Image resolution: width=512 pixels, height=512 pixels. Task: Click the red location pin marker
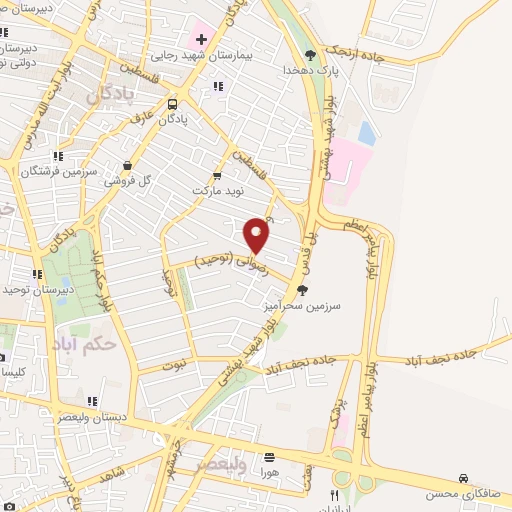click(257, 234)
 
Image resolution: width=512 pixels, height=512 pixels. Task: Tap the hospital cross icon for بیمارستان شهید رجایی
click(201, 40)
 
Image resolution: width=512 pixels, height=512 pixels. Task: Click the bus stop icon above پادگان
click(173, 103)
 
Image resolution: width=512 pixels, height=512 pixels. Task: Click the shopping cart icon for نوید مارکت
click(218, 174)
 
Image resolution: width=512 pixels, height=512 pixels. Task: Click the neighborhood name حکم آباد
click(88, 342)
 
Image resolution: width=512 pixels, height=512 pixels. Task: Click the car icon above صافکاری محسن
click(462, 479)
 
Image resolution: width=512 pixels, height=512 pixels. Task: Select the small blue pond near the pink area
click(367, 133)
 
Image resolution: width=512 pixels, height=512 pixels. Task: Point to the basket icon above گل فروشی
click(127, 166)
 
